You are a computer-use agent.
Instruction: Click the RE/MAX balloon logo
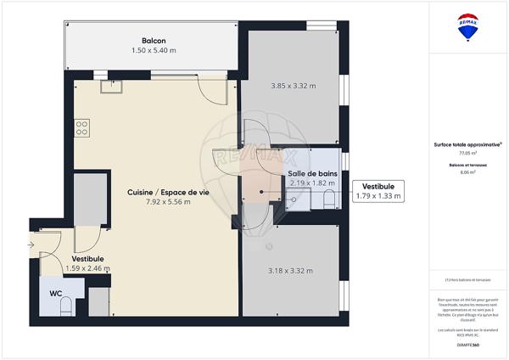click(x=467, y=27)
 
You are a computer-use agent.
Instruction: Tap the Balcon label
click(x=154, y=41)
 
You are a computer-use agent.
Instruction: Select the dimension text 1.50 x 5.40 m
click(x=154, y=51)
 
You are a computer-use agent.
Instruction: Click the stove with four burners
click(x=82, y=128)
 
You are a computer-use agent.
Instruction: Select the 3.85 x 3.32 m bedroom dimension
click(x=293, y=86)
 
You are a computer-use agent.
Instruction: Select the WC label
click(x=55, y=293)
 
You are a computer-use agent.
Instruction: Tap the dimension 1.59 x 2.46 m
click(x=87, y=268)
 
